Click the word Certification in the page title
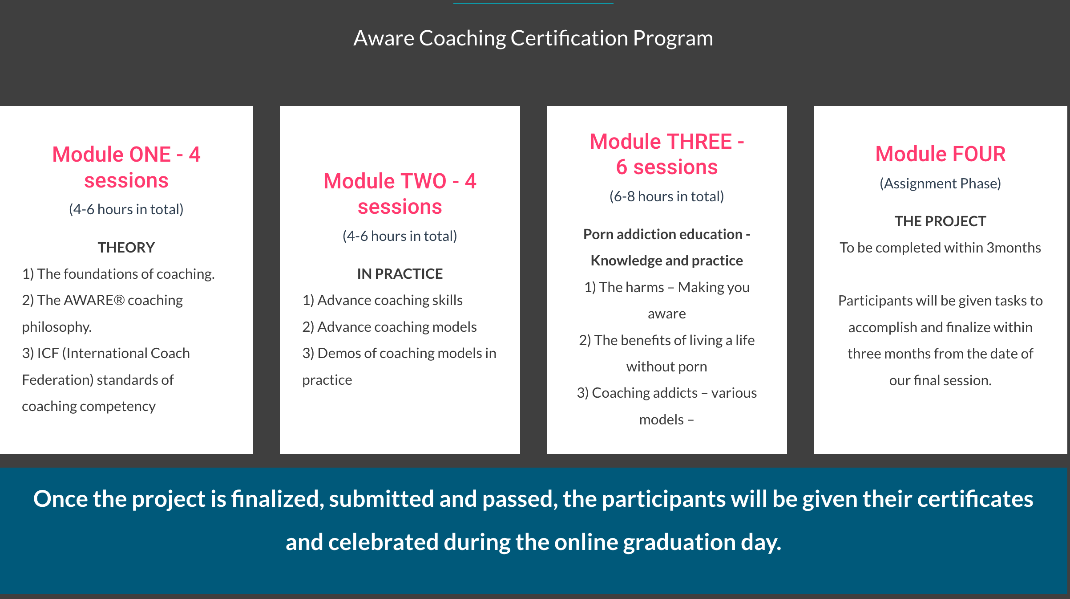click(x=569, y=38)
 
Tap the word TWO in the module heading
click(x=424, y=181)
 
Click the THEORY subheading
click(x=126, y=248)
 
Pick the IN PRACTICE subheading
click(x=400, y=274)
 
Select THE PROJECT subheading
click(x=941, y=221)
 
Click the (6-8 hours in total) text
click(x=667, y=196)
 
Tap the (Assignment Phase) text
click(x=941, y=183)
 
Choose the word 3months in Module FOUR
click(x=1013, y=248)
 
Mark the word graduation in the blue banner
click(x=679, y=542)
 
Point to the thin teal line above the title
click(x=533, y=4)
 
